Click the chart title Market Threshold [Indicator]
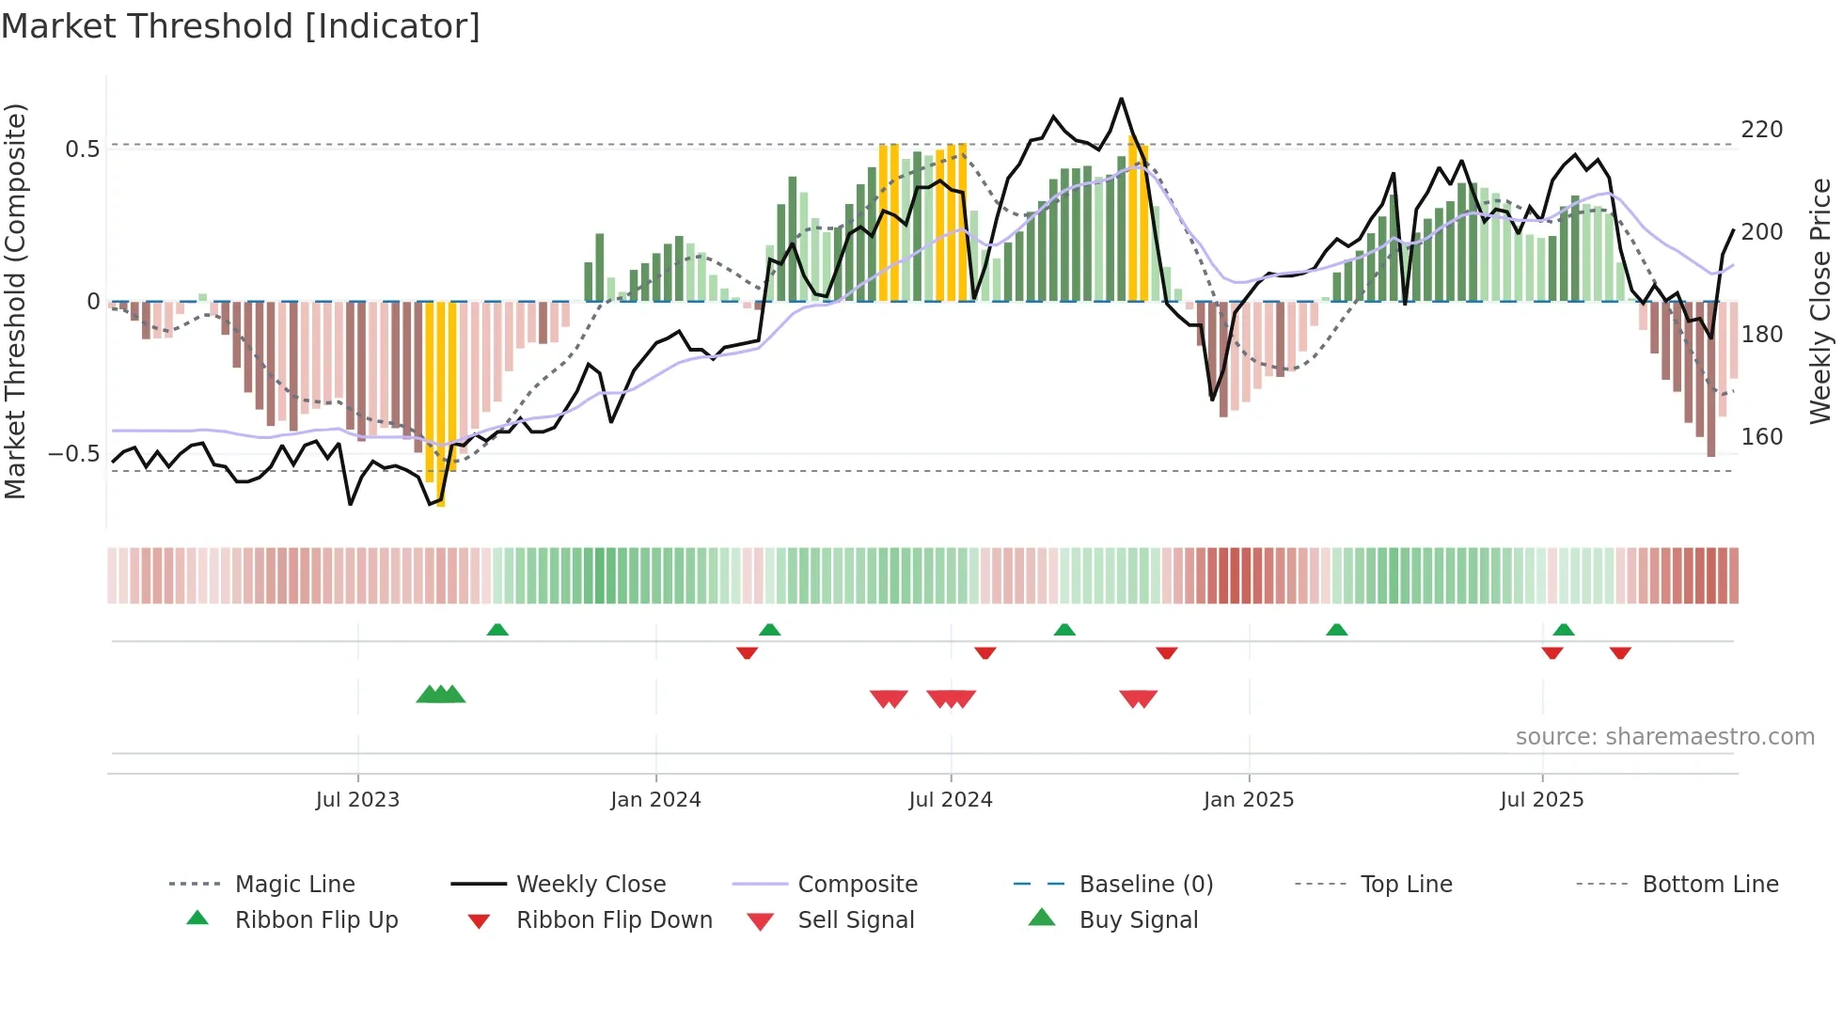pos(241,26)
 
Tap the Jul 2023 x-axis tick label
pos(357,800)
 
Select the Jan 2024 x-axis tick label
pos(655,800)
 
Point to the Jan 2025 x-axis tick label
pos(1249,800)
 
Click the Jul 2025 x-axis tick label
pos(1542,800)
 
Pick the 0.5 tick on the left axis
pos(82,149)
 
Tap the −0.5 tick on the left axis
pos(74,454)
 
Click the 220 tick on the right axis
pos(1761,130)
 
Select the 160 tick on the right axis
pos(1761,437)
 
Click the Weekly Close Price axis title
pos(1820,301)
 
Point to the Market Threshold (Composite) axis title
pos(16,301)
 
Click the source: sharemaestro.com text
pos(1664,737)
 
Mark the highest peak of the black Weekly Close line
pos(1121,99)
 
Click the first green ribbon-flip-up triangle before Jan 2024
pos(497,629)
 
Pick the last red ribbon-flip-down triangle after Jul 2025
pos(1620,652)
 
